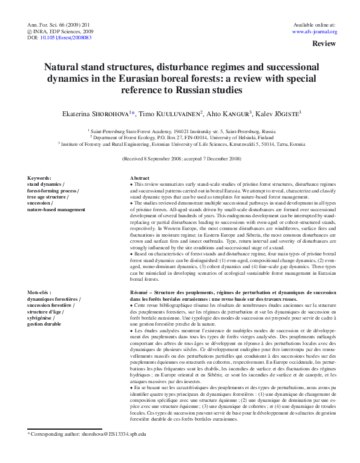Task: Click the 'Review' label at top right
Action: tap(324, 45)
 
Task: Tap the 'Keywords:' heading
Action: tap(40, 178)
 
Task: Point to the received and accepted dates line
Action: tap(180, 159)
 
